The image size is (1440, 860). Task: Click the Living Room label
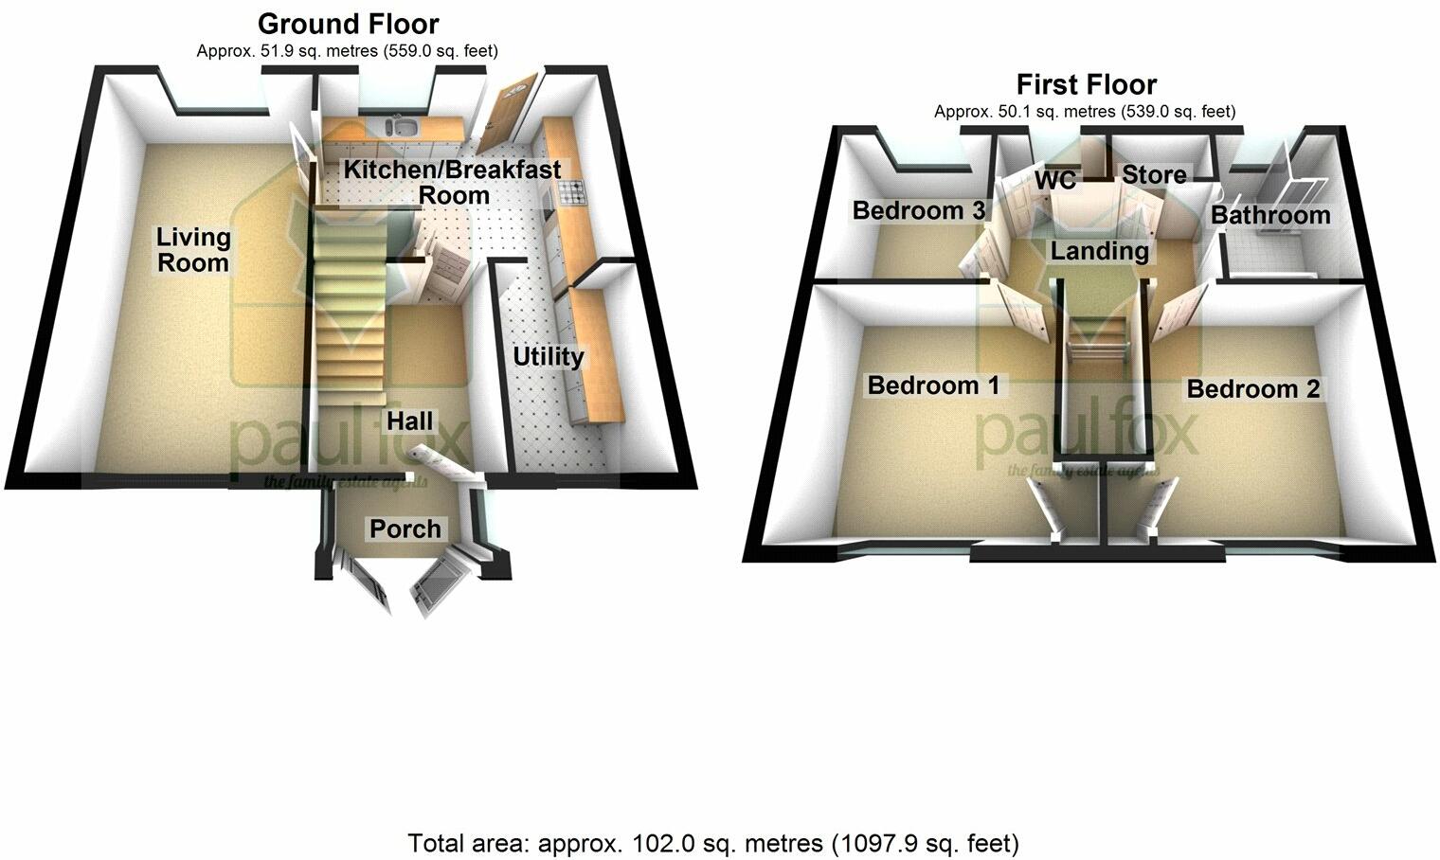[x=193, y=250]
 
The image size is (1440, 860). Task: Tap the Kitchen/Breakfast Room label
[x=452, y=183]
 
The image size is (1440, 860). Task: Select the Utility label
[x=548, y=357]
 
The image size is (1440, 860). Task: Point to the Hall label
[x=409, y=421]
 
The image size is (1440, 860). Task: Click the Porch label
[x=405, y=529]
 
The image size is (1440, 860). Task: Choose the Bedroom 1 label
[x=933, y=385]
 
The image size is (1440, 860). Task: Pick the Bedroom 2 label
[x=1252, y=389]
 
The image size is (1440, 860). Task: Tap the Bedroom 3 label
[x=919, y=210]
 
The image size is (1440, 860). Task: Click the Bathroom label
[x=1270, y=215]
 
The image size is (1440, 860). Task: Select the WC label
[x=1055, y=180]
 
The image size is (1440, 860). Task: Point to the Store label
[x=1154, y=175]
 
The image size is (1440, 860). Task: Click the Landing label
[x=1099, y=251]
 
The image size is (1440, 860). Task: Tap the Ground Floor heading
[x=348, y=23]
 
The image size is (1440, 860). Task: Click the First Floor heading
[x=1086, y=84]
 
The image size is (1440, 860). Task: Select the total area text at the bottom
[x=713, y=843]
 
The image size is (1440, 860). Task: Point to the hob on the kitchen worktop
[x=573, y=193]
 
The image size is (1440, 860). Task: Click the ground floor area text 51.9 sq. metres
[x=347, y=51]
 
